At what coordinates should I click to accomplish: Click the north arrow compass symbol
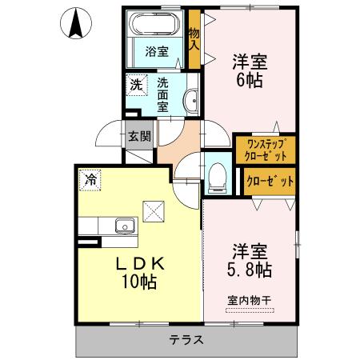click(x=76, y=23)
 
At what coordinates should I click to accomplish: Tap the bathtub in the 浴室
click(x=156, y=23)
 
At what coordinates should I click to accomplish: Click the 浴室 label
click(x=156, y=52)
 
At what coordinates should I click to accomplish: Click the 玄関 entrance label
click(x=138, y=136)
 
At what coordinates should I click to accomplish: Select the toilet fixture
click(x=217, y=175)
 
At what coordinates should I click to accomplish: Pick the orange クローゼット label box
click(x=269, y=181)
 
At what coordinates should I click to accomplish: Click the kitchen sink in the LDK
click(x=125, y=226)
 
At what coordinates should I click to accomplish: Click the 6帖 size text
click(x=249, y=79)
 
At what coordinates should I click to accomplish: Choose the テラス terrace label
click(x=186, y=339)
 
